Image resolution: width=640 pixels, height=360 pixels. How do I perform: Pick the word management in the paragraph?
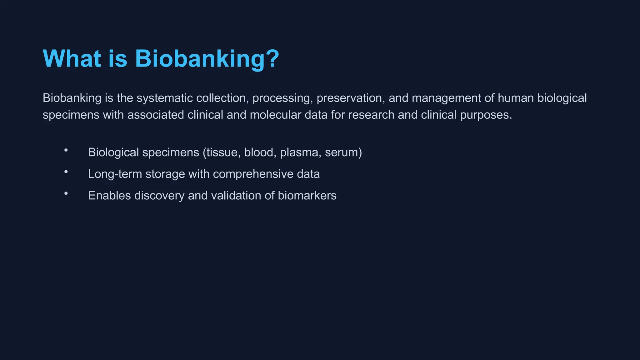[x=446, y=98]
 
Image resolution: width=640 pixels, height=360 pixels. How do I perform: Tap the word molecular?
[x=275, y=115]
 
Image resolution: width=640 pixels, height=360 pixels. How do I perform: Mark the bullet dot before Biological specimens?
[x=66, y=150]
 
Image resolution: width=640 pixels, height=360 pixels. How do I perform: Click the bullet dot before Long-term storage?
[x=66, y=172]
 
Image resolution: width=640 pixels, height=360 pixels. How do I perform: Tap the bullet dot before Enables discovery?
[x=66, y=193]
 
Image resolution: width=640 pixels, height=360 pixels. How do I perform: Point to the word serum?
[x=342, y=152]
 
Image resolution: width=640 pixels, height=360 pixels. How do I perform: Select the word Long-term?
[x=115, y=174]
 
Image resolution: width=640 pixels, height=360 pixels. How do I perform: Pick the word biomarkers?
[x=307, y=196]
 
